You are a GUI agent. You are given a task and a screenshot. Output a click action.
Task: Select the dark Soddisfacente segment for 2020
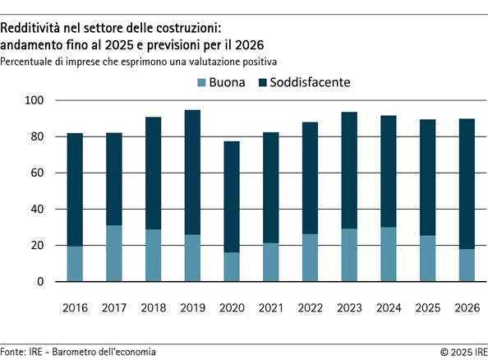pyautogui.click(x=232, y=196)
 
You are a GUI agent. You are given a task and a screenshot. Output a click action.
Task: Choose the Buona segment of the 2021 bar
pyautogui.click(x=270, y=261)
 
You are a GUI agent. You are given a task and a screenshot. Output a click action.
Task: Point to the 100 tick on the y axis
pyautogui.click(x=39, y=100)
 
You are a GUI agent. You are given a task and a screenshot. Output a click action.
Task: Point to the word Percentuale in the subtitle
pyautogui.click(x=30, y=62)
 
